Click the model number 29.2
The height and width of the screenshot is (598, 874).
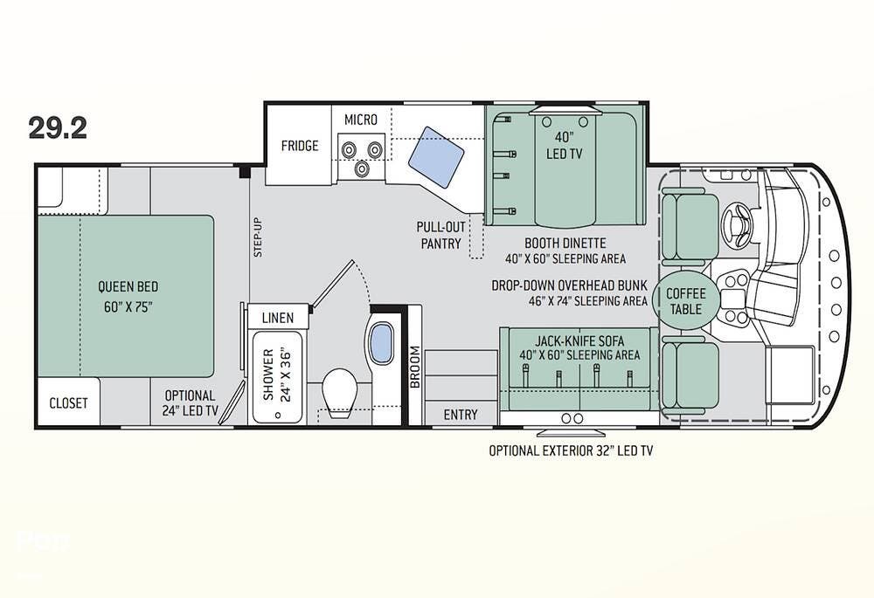click(x=58, y=128)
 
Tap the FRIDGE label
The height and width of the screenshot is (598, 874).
click(x=300, y=146)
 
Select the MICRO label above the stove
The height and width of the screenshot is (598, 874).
click(x=361, y=120)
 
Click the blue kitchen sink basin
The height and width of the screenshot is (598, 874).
click(x=436, y=157)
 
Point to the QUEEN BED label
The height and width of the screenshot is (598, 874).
click(x=128, y=286)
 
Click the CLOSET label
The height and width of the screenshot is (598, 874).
click(x=68, y=403)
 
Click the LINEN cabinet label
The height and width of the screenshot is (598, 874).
click(x=278, y=318)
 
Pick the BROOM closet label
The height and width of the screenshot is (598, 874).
click(x=414, y=367)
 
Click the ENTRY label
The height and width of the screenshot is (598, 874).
click(x=461, y=415)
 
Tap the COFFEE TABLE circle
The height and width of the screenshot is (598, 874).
click(x=686, y=300)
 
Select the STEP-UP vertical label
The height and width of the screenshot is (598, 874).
click(x=258, y=237)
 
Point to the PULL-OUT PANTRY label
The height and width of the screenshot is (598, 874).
click(x=440, y=235)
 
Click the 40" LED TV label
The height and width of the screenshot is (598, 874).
click(x=564, y=145)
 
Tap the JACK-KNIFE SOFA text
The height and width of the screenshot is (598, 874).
click(x=580, y=340)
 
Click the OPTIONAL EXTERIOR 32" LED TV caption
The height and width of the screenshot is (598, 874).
click(x=571, y=450)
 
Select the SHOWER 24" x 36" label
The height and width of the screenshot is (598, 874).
click(x=277, y=375)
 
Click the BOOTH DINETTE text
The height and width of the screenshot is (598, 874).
click(x=565, y=243)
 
